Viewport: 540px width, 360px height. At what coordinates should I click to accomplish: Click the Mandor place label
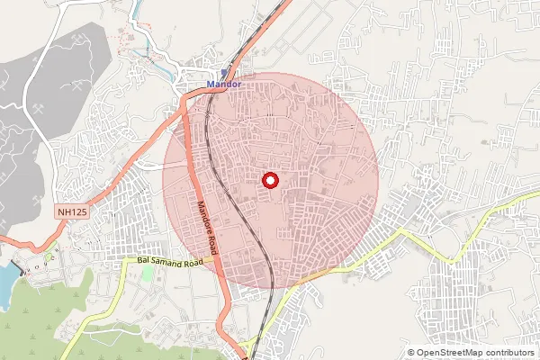pyautogui.click(x=224, y=84)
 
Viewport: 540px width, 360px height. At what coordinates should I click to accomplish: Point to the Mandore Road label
pyautogui.click(x=210, y=220)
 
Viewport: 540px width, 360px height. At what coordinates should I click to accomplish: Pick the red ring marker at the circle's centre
pyautogui.click(x=270, y=180)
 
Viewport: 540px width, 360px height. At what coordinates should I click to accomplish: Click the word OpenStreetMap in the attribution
pyautogui.click(x=446, y=352)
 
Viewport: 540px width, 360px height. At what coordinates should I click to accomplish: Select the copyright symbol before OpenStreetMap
pyautogui.click(x=411, y=352)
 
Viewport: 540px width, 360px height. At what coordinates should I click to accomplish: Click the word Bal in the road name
pyautogui.click(x=144, y=260)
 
